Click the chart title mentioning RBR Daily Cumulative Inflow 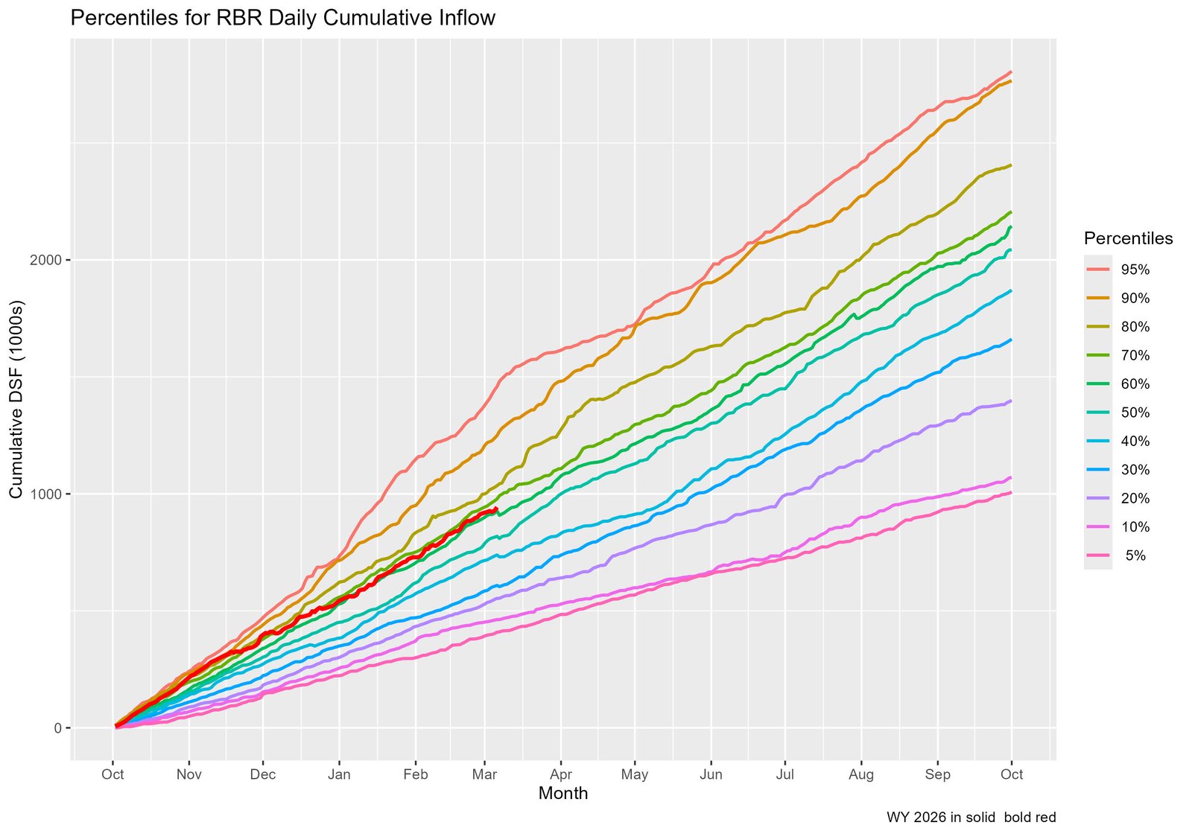tap(282, 18)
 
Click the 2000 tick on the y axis tap(47, 260)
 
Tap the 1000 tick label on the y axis tap(47, 494)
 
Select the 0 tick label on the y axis tap(57, 728)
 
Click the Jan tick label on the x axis tap(339, 774)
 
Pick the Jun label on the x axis tap(711, 774)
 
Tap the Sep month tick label tap(937, 774)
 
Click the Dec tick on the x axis tap(263, 774)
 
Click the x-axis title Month tap(562, 794)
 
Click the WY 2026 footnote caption tap(971, 817)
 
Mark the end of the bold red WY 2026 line tap(497, 509)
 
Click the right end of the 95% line tap(1011, 72)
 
